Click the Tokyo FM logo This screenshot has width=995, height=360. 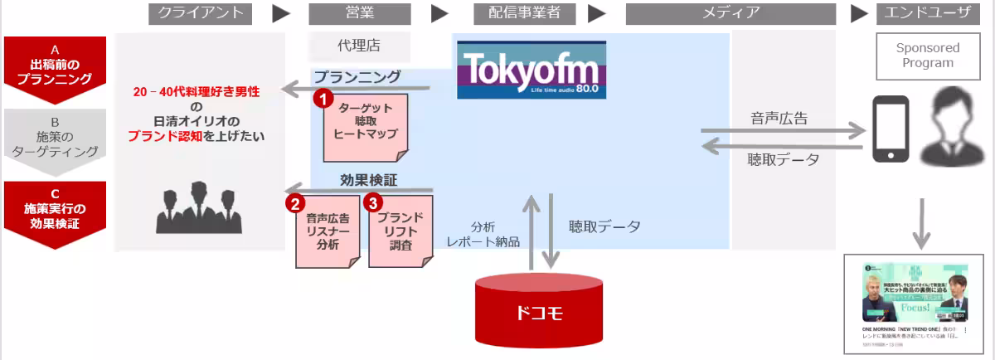tap(531, 70)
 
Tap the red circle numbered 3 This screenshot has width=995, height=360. tap(375, 201)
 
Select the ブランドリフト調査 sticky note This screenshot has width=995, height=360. tap(401, 230)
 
